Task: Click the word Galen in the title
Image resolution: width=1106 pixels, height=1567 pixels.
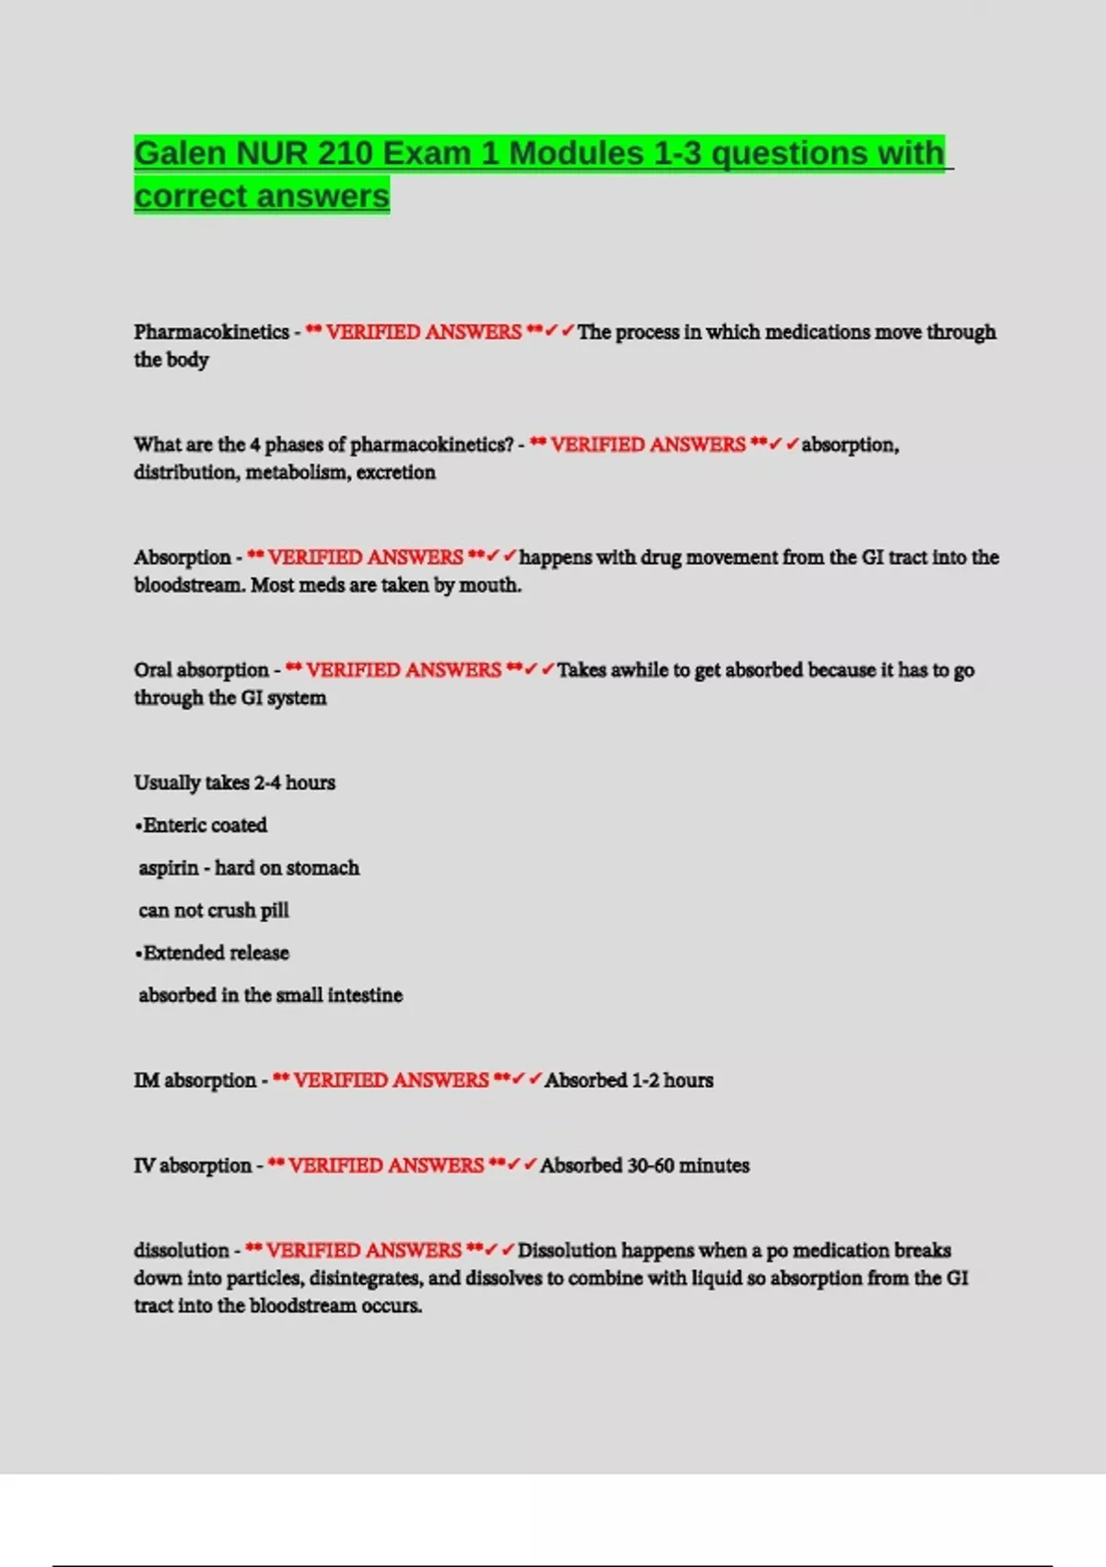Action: click(180, 153)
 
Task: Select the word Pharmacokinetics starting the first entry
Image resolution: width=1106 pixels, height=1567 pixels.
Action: click(211, 332)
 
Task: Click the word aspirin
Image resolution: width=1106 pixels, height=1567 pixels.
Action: click(169, 868)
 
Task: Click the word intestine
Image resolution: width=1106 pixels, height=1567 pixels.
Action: click(365, 996)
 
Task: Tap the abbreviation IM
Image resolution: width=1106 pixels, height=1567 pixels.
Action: click(146, 1080)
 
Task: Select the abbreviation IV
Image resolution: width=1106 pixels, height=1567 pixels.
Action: click(144, 1166)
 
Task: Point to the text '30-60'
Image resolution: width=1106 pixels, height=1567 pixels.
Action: click(651, 1166)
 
